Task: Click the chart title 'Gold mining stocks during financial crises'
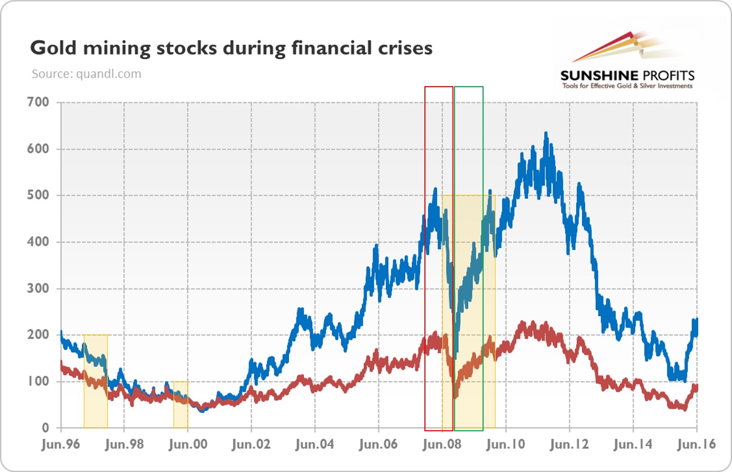tap(231, 48)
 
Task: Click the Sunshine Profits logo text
tap(627, 75)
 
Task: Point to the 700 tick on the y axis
tap(38, 102)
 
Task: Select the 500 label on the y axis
tap(38, 195)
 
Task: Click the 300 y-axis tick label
tap(38, 288)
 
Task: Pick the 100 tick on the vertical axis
tap(38, 381)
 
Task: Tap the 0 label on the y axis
tap(45, 428)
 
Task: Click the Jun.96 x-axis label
tap(61, 444)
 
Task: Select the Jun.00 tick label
tap(188, 444)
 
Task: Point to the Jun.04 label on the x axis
tap(315, 444)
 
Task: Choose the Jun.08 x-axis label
tap(442, 444)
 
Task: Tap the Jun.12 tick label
tap(569, 444)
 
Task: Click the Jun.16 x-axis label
tap(696, 444)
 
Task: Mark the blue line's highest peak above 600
tap(546, 134)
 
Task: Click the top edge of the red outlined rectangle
tap(439, 87)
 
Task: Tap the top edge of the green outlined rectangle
tap(468, 87)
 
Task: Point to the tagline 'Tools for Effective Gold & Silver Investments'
tap(627, 86)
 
